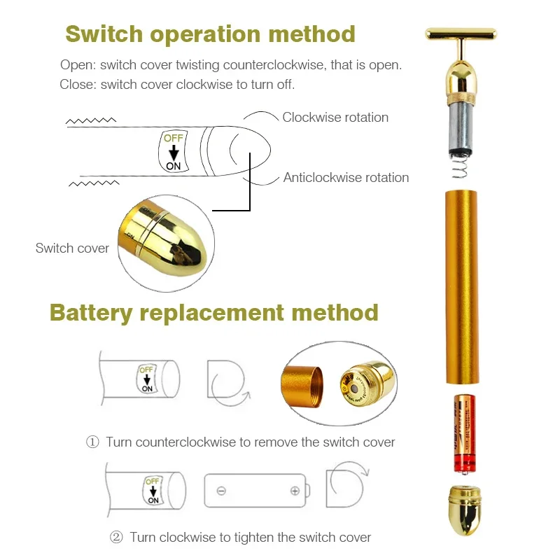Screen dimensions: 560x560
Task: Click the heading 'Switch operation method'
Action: coord(210,34)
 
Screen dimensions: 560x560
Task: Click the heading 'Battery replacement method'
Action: coord(213,312)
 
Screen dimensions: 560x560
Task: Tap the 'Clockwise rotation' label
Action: coord(335,117)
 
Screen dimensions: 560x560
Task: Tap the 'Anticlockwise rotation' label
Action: coord(346,178)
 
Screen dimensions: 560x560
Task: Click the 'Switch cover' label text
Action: coord(72,248)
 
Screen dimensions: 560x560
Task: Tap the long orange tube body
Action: coord(462,287)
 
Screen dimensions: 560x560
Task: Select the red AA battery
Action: coord(463,434)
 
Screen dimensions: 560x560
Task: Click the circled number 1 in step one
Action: coord(92,442)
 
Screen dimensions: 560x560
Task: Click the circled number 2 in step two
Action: coord(116,538)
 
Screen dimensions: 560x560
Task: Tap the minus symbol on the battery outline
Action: coord(221,491)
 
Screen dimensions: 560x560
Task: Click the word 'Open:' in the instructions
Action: coord(77,65)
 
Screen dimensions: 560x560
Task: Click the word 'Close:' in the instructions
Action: coord(78,85)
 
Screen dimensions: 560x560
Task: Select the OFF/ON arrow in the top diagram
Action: coord(173,150)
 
